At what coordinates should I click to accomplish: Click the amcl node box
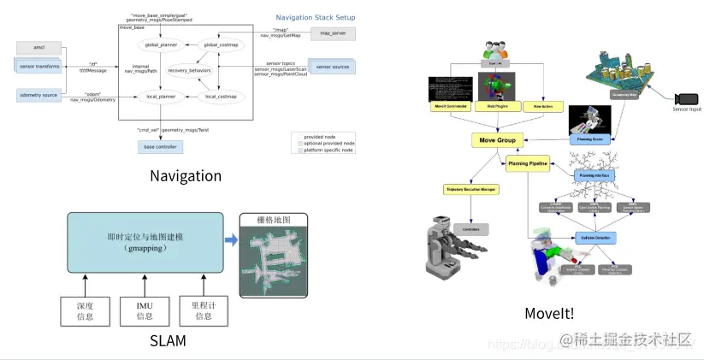pos(37,47)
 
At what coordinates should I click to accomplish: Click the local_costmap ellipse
pos(222,97)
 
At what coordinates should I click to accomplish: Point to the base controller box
pos(160,147)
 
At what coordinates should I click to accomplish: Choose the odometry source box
pos(38,96)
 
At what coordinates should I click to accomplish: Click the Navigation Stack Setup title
pos(315,17)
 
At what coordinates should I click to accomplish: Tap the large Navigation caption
pos(186,176)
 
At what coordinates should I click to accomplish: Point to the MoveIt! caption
pos(549,313)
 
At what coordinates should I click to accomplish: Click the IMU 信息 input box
pos(145,311)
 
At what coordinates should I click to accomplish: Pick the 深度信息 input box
pos(84,311)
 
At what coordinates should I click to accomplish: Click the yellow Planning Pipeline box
pos(528,164)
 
